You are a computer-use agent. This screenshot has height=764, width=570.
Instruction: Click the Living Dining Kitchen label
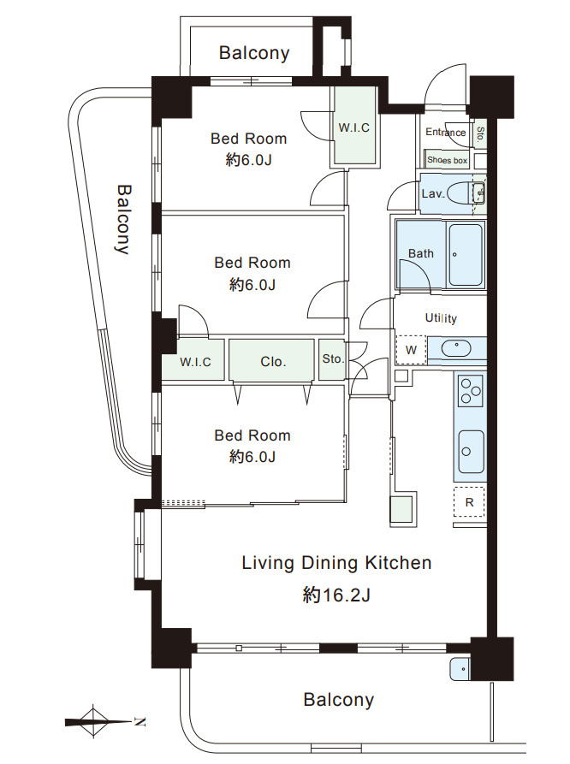coord(336,563)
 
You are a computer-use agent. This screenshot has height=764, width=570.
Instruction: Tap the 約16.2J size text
coord(336,595)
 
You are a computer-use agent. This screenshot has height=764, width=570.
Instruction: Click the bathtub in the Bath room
coord(466,255)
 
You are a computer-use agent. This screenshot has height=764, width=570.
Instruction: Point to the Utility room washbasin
coord(456,349)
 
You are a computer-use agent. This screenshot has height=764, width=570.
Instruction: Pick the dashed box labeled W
coord(411,350)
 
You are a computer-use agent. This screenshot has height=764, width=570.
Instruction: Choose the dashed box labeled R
coord(469,502)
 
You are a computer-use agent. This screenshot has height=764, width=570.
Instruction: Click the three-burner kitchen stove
coord(471,391)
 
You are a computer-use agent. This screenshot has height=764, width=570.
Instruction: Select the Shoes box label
coord(447,160)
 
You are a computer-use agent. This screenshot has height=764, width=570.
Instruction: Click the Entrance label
coord(446,132)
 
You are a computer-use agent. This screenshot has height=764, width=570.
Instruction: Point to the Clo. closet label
coord(273,362)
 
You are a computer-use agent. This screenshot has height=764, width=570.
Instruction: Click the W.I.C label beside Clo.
coord(195,362)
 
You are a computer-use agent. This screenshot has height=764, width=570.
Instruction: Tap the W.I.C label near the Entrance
coord(354,128)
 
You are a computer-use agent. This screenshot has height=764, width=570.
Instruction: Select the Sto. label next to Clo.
coord(333,359)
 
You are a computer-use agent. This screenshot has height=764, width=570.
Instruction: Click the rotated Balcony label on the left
coord(123,219)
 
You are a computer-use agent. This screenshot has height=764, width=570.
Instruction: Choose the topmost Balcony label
coord(254,53)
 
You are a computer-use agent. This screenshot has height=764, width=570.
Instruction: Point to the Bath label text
coord(421,253)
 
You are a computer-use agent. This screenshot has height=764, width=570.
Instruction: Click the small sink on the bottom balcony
coord(460,668)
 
